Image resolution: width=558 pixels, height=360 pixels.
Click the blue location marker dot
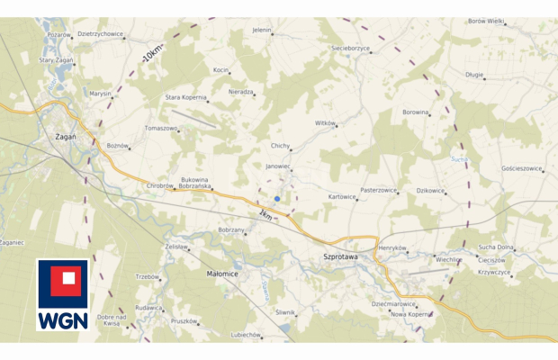click(277, 199)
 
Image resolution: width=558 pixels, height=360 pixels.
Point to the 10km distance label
click(153, 51)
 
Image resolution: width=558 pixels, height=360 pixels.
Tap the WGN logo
click(62, 294)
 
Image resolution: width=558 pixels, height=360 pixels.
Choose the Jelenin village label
click(262, 31)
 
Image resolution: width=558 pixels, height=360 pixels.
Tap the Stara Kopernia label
click(185, 97)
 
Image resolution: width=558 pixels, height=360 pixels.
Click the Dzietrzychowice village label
click(100, 33)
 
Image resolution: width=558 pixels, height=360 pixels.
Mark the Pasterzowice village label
click(378, 190)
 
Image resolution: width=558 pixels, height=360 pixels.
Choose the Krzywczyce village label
click(494, 272)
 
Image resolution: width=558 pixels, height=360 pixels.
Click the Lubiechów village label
click(244, 335)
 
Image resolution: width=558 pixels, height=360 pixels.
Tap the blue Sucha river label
click(460, 159)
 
